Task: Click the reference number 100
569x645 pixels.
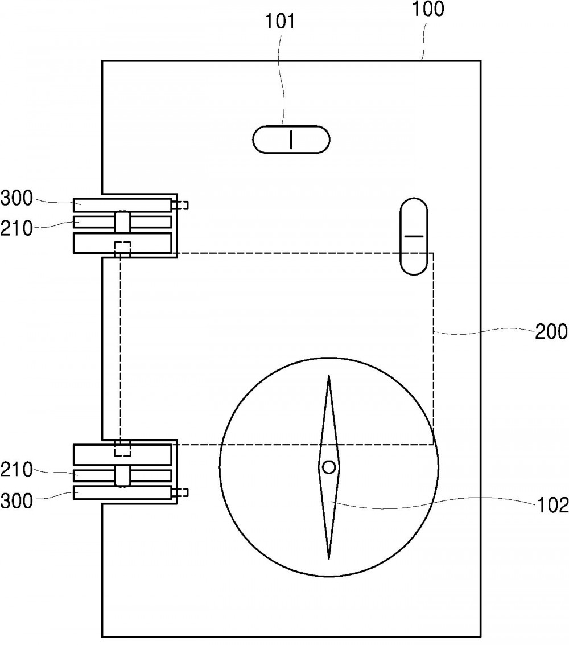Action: point(428,9)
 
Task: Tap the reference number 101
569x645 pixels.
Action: point(279,21)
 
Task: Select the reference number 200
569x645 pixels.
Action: point(551,331)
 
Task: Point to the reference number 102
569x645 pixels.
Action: point(552,505)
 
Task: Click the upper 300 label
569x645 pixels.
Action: point(17,198)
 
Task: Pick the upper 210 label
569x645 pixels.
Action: point(17,228)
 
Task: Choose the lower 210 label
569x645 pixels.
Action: point(17,470)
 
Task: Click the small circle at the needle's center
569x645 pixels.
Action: point(329,467)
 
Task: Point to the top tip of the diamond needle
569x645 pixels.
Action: point(329,375)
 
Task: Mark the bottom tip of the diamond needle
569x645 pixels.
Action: point(329,558)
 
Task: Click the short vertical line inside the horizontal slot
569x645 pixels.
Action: point(291,139)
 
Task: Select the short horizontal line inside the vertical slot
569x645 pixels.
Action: point(414,236)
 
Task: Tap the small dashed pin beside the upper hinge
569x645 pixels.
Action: point(180,205)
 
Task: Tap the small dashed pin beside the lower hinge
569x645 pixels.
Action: point(180,492)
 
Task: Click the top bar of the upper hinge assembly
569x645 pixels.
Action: point(122,205)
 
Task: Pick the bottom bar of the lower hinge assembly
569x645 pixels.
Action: point(122,492)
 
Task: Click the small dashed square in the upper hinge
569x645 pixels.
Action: point(122,249)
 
